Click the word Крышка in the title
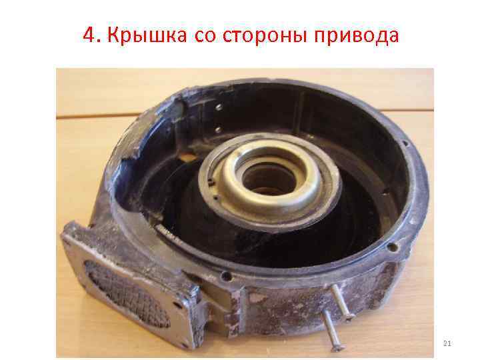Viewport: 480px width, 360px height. pyautogui.click(x=139, y=34)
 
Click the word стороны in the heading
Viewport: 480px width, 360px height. pyautogui.click(x=265, y=35)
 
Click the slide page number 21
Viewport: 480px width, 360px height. pyautogui.click(x=447, y=343)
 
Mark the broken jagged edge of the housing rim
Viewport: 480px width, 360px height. pyautogui.click(x=143, y=127)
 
